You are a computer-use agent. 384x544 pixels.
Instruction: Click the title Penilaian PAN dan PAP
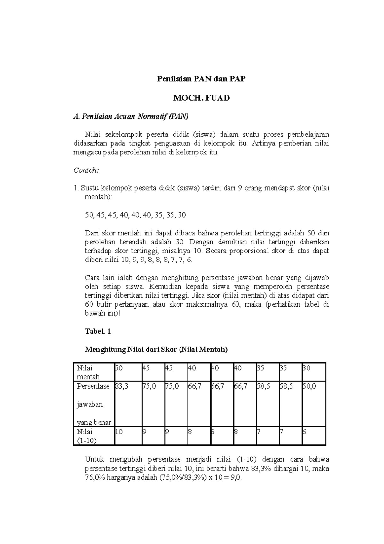tap(201, 79)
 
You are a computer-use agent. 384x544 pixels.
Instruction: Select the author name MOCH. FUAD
tap(201, 98)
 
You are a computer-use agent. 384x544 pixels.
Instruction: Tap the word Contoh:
tap(86, 170)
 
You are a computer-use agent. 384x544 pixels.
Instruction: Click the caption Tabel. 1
tap(98, 331)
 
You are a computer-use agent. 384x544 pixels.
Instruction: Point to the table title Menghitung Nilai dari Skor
tap(156, 350)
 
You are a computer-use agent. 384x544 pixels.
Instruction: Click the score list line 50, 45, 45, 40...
tap(135, 215)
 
